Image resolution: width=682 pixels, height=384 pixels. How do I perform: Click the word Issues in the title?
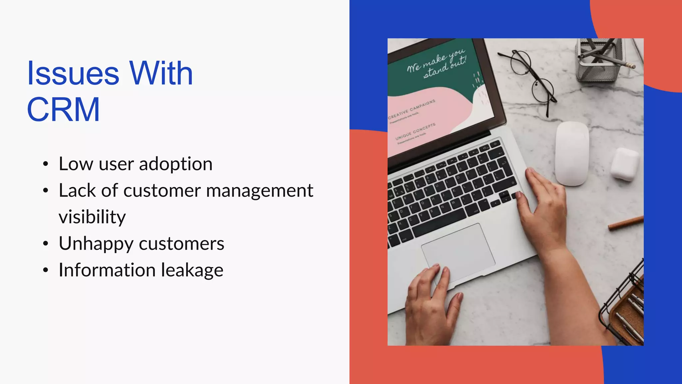[73, 73]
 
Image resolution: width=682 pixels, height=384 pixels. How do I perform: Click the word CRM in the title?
[63, 109]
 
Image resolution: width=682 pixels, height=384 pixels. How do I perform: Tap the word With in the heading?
[161, 73]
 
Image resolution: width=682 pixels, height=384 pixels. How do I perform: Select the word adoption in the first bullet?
[175, 164]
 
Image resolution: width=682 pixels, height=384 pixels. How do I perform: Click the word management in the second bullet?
[259, 191]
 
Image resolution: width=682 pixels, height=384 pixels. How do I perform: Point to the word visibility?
[92, 217]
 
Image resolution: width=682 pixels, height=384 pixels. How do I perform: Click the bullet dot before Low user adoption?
[46, 164]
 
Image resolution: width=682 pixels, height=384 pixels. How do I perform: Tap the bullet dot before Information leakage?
[46, 270]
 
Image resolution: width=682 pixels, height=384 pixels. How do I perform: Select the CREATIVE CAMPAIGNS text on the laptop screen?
[412, 109]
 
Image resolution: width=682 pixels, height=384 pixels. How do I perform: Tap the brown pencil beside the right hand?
[625, 223]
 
